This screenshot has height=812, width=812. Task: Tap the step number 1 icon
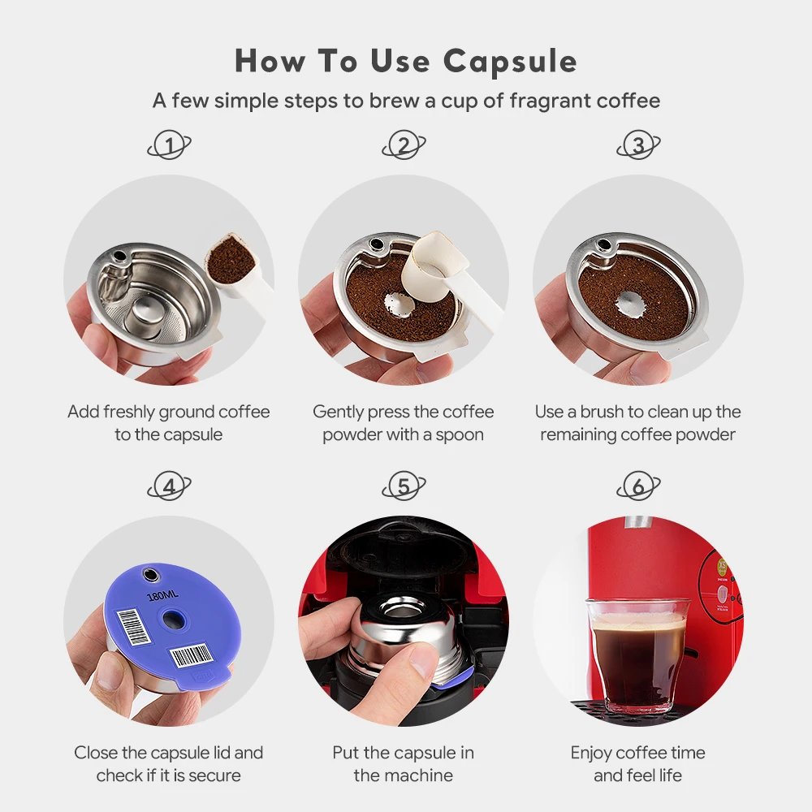[x=170, y=146]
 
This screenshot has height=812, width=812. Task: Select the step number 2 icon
[x=404, y=146]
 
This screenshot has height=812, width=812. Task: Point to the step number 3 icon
[x=638, y=146]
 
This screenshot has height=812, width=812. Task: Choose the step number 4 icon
[x=170, y=487]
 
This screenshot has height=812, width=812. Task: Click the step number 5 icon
[x=404, y=487]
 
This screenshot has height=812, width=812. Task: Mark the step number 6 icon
[x=638, y=487]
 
